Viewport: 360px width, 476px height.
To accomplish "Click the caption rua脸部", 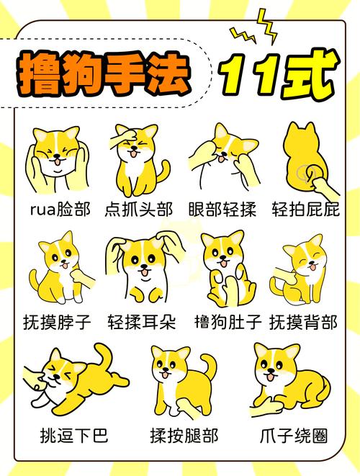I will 60,210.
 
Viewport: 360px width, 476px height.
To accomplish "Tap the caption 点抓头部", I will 139,210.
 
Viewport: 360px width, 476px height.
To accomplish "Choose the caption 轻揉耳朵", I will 141,322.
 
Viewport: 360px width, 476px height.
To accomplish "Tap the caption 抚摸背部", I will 302,322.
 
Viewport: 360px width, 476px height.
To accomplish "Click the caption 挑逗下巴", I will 70,436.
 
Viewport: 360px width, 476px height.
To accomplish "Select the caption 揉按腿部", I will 184,436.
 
